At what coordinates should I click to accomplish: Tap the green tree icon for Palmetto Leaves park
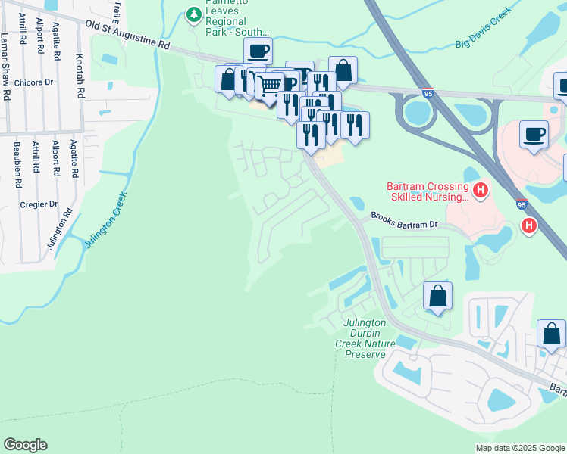194,14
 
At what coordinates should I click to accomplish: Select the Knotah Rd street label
79,76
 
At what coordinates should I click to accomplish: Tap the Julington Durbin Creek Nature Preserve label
365,338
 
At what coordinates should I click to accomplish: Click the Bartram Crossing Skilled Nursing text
426,191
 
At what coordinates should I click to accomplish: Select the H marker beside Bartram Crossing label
478,189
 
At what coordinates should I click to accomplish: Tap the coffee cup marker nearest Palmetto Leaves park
258,51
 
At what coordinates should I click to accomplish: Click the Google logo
25,444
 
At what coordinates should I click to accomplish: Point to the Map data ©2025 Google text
519,448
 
